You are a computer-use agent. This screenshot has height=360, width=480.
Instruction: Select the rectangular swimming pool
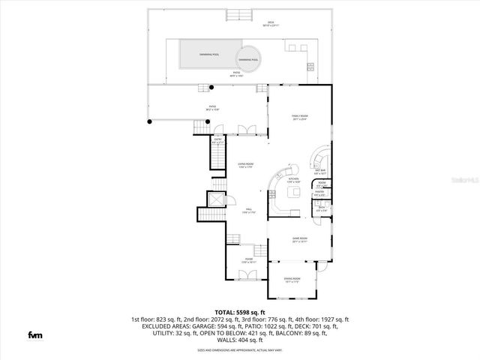click(x=210, y=54)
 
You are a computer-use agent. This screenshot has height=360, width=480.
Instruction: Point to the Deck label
click(x=271, y=23)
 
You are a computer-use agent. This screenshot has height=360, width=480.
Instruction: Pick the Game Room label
click(x=300, y=241)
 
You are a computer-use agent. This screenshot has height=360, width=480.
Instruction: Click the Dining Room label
click(x=292, y=280)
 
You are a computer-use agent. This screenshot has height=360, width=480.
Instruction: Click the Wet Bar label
click(x=319, y=171)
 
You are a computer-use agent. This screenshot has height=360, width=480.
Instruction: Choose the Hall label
click(x=247, y=211)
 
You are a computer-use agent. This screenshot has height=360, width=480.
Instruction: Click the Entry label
click(x=218, y=139)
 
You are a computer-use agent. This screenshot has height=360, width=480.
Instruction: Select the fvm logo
click(x=34, y=334)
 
